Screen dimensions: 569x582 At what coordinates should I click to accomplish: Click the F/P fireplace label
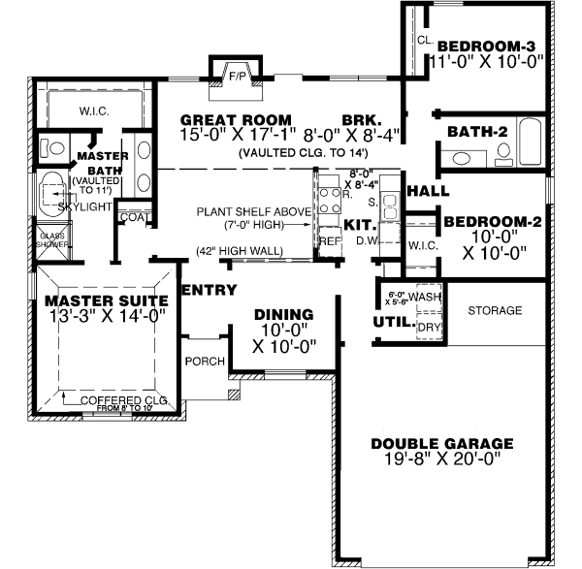pyautogui.click(x=236, y=75)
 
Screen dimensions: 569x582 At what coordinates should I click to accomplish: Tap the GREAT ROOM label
pyautogui.click(x=227, y=120)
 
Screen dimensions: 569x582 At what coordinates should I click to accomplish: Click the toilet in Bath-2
pyautogui.click(x=503, y=152)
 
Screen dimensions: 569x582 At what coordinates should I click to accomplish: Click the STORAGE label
pyautogui.click(x=495, y=311)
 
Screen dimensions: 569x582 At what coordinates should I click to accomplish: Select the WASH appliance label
pyautogui.click(x=426, y=296)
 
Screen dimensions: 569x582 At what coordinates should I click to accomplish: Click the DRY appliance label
pyautogui.click(x=428, y=327)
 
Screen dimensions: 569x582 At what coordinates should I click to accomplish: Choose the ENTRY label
pyautogui.click(x=204, y=289)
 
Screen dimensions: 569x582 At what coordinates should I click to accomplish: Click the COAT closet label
pyautogui.click(x=132, y=217)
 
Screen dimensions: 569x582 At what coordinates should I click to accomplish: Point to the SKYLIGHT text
pyautogui.click(x=82, y=206)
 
